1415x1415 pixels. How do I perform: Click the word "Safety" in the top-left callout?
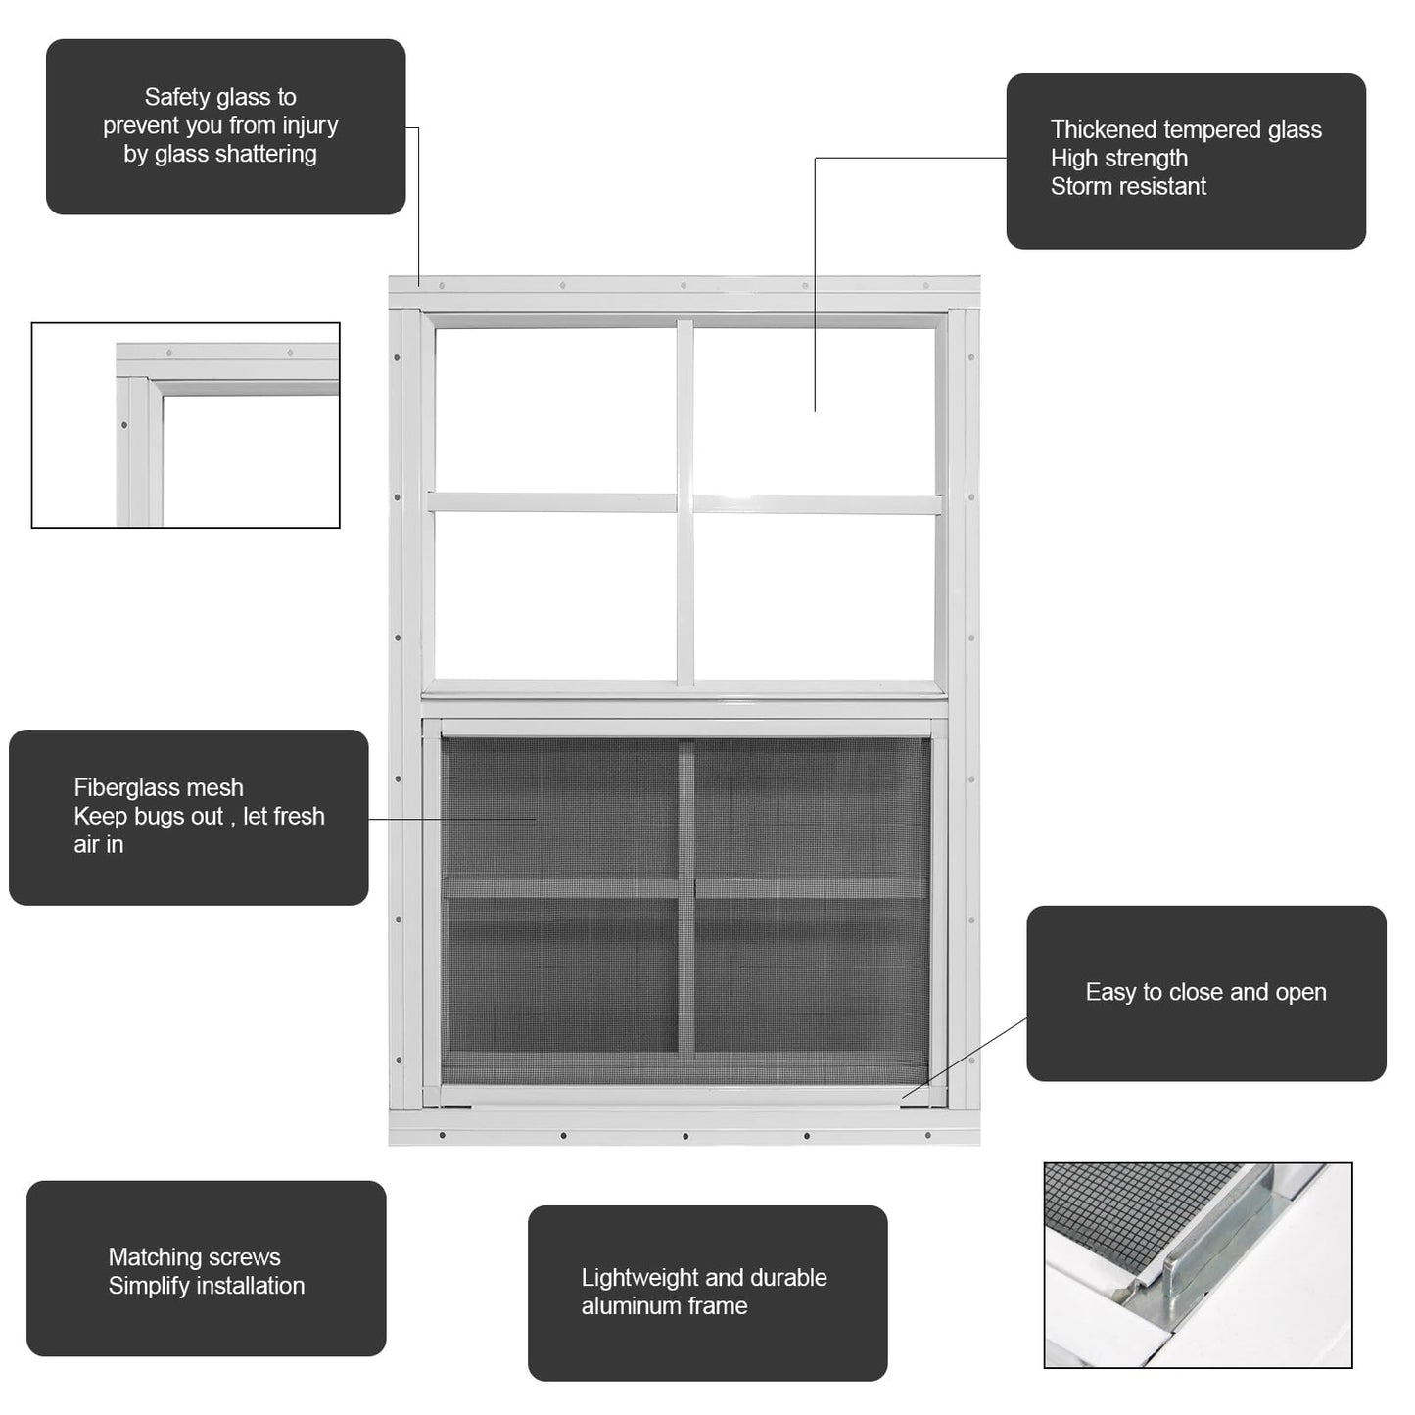click(176, 98)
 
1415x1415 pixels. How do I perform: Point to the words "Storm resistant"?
click(1128, 186)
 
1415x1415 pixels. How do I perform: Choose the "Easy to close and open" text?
click(1205, 992)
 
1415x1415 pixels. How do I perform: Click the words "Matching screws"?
click(195, 1257)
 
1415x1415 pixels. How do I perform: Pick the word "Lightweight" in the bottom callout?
click(637, 1278)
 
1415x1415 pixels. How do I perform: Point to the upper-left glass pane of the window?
click(555, 409)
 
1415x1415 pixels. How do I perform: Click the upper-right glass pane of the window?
click(815, 411)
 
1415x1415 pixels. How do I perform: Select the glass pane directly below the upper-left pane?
click(555, 595)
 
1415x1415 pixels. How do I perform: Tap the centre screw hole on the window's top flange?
click(684, 285)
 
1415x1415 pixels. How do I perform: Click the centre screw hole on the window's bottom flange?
click(685, 1136)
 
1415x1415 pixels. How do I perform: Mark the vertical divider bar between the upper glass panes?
click(685, 503)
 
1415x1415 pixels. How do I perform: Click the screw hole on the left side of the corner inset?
click(124, 425)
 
